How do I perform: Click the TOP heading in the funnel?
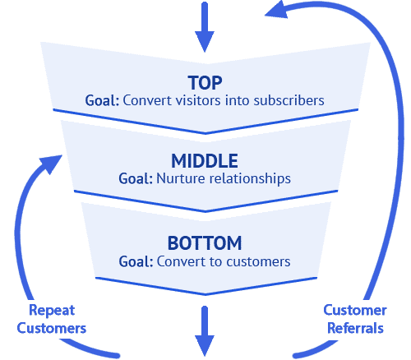click(x=205, y=83)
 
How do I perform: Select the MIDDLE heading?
click(x=205, y=161)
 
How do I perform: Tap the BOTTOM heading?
click(x=205, y=243)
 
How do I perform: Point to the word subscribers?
click(x=289, y=100)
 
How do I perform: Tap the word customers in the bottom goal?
click(x=258, y=261)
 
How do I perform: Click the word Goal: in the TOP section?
click(x=102, y=100)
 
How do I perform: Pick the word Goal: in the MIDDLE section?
click(x=136, y=178)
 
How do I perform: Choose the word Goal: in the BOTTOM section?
click(x=136, y=261)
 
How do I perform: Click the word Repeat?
click(x=52, y=311)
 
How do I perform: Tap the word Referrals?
click(x=355, y=328)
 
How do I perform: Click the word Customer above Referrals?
click(x=355, y=311)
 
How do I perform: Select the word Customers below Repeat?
click(x=52, y=328)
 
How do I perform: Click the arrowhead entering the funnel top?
click(x=205, y=41)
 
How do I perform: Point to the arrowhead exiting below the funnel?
click(x=205, y=345)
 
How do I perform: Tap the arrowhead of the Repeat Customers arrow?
click(x=52, y=164)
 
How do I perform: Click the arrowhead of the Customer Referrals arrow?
click(x=276, y=11)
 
